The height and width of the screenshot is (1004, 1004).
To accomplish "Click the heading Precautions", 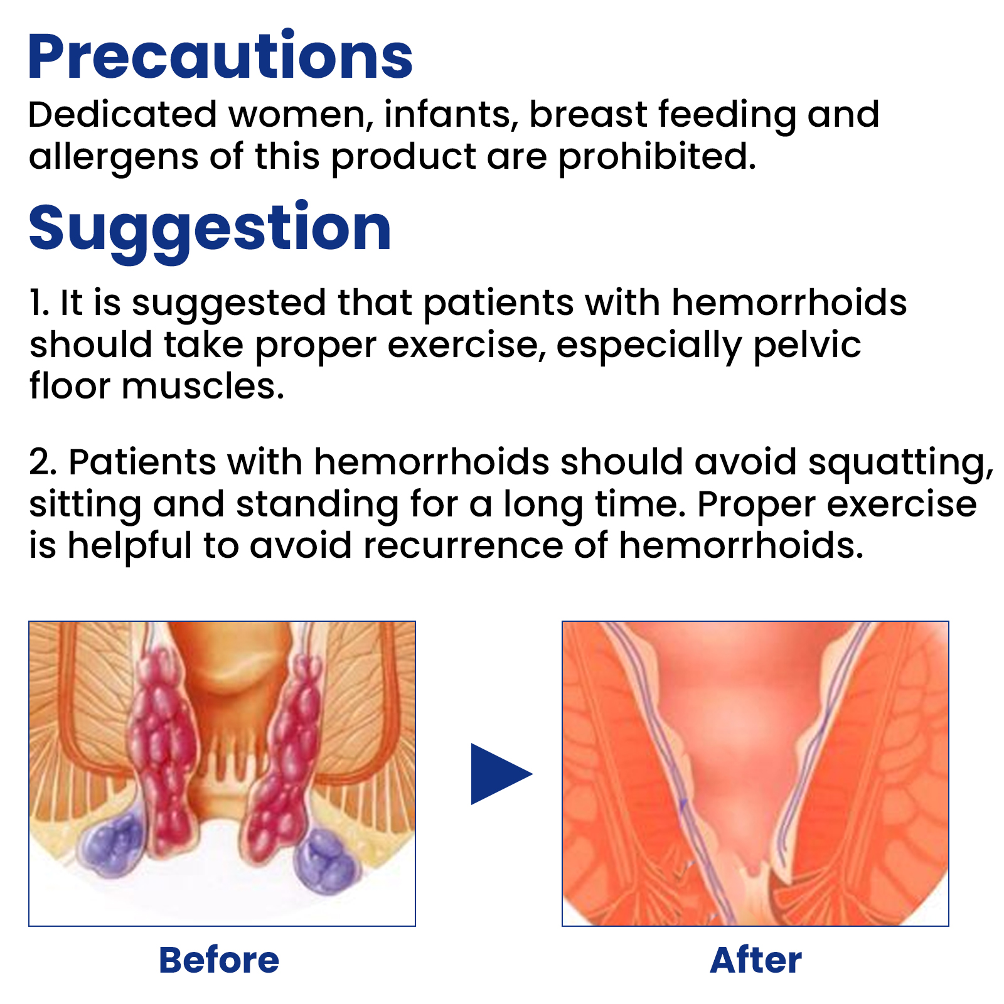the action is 220,56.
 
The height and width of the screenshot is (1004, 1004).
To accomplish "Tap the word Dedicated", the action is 122,115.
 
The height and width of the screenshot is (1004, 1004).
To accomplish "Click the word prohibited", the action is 657,157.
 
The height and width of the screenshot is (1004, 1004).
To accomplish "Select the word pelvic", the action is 807,346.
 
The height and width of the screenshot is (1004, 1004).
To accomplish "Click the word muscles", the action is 203,386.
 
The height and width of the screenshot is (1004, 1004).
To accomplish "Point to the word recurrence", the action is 463,546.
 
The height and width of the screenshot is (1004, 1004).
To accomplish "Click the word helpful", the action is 129,546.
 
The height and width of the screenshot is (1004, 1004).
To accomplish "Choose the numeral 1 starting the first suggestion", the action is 38,303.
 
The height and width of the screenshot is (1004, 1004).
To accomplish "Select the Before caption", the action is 219,960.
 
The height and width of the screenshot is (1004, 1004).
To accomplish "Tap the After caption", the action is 756,960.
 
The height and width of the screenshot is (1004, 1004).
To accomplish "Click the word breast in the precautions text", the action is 588,115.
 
